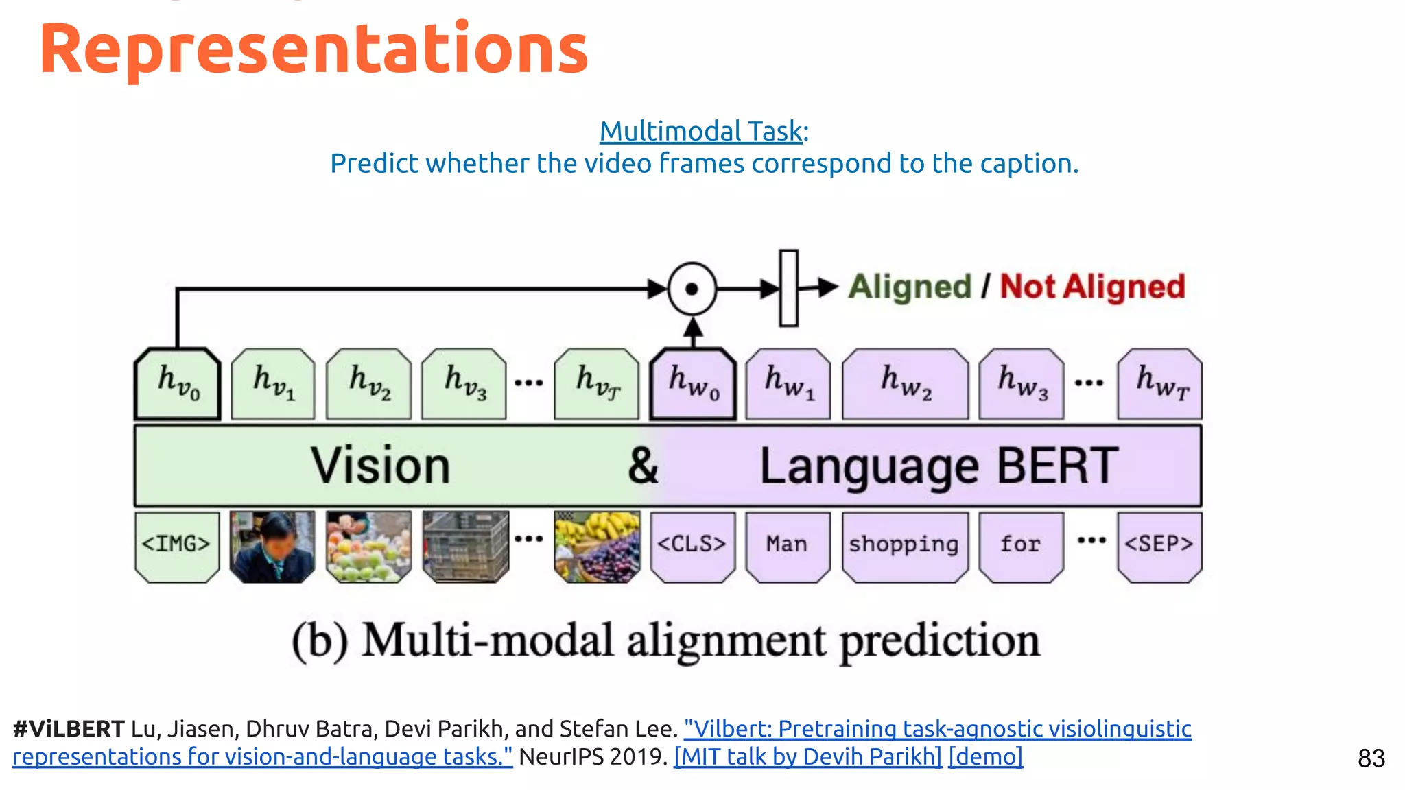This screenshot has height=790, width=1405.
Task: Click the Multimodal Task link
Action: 700,131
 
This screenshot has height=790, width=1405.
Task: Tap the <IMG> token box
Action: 177,546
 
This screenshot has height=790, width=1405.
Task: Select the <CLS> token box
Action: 692,546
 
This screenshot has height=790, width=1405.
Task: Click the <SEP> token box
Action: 1159,546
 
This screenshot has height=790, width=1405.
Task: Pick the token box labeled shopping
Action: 904,546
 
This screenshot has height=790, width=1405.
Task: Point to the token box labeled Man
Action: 788,546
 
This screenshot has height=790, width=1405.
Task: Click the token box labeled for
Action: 1021,546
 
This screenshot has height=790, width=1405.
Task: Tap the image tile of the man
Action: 272,547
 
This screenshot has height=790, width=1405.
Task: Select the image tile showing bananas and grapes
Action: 597,547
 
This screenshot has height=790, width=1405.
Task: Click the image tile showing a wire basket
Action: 466,547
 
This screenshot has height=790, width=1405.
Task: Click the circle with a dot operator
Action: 692,289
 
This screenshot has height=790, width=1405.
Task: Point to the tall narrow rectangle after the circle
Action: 789,288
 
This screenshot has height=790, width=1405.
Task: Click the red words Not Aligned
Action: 1092,287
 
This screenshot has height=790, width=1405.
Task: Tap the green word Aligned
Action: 910,287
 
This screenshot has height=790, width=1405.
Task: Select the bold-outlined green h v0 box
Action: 178,384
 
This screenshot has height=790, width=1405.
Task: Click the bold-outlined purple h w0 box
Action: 693,384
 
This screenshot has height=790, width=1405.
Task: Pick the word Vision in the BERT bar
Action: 380,466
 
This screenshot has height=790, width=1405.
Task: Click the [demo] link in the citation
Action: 985,756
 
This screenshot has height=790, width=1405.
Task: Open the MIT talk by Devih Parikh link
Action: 807,756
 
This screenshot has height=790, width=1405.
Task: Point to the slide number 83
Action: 1371,758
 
